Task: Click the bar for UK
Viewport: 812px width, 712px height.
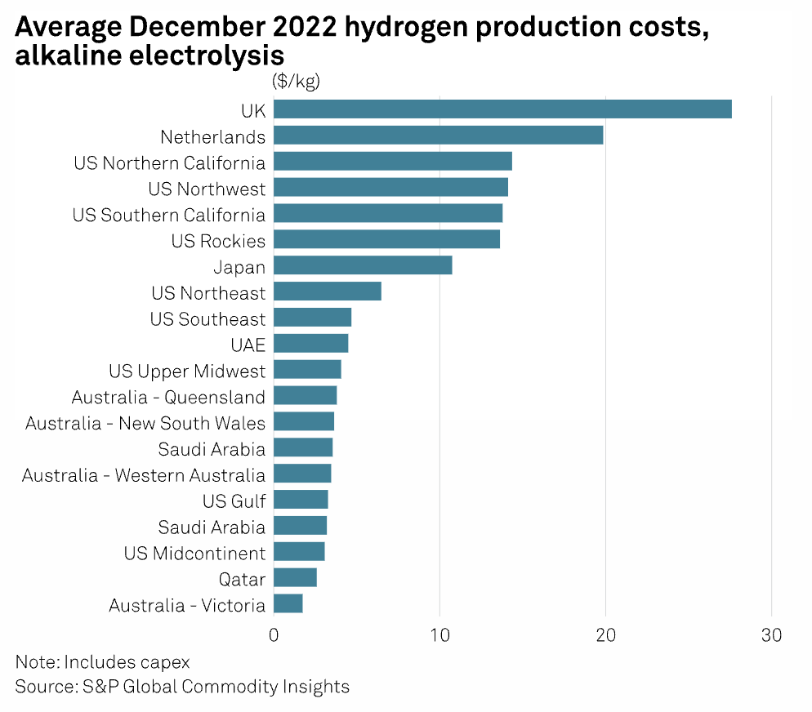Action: [502, 109]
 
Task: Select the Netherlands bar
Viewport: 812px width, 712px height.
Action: [438, 136]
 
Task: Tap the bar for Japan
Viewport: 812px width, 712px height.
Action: [363, 266]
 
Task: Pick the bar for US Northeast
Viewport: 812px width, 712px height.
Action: [327, 292]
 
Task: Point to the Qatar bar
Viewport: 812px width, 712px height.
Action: [295, 578]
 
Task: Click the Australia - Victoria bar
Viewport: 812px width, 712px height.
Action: [288, 604]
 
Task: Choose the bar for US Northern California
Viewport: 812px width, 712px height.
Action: [392, 162]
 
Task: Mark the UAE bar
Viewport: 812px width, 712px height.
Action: [310, 344]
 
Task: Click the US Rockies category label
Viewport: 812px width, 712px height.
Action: [218, 241]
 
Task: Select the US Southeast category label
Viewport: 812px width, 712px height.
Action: [207, 319]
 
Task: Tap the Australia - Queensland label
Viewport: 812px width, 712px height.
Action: [168, 398]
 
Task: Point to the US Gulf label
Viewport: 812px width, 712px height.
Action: [234, 501]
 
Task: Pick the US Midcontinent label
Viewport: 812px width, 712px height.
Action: [194, 553]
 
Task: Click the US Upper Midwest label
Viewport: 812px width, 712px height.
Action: [187, 372]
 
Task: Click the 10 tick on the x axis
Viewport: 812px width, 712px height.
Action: [439, 635]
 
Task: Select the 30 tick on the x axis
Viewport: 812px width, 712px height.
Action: [771, 635]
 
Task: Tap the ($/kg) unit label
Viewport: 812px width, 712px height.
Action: [295, 81]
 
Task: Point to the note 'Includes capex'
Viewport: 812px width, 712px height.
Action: [102, 661]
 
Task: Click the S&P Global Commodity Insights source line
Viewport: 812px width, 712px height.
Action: [182, 687]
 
